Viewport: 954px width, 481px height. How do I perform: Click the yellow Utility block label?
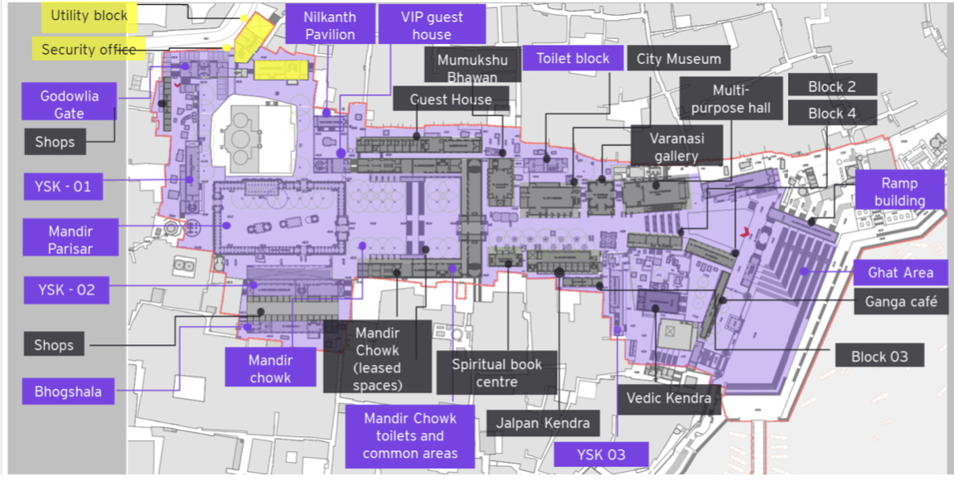(89, 16)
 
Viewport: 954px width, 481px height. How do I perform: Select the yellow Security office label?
(88, 50)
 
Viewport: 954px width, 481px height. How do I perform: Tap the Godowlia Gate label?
(70, 104)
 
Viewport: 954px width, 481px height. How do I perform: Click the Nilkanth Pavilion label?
(330, 25)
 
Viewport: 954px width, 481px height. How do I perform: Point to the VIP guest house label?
(432, 25)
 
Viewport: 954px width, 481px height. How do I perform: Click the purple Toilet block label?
(573, 58)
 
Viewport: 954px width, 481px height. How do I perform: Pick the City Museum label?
(680, 59)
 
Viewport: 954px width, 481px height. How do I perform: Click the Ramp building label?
(899, 192)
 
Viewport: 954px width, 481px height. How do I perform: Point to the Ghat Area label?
(900, 272)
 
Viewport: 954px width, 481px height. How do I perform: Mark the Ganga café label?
(900, 301)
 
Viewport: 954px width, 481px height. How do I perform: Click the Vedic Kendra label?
(668, 398)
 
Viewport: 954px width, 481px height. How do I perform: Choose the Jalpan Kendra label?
(543, 423)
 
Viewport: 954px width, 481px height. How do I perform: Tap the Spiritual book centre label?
(496, 373)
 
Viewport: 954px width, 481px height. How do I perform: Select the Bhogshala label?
(68, 391)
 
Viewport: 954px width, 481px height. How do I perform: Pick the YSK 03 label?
(601, 454)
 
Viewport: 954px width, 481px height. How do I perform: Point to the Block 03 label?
(879, 357)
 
